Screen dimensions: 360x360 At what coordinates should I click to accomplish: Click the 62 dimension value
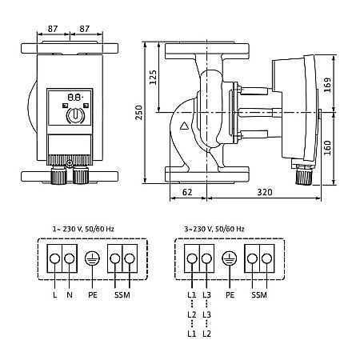(x=186, y=193)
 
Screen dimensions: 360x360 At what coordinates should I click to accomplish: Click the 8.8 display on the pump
(x=74, y=94)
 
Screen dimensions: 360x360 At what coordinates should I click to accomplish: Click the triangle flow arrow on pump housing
(x=185, y=125)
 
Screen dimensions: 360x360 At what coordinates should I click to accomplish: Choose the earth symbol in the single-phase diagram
(x=91, y=259)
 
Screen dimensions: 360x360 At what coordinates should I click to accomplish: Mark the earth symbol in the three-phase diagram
(x=230, y=259)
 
